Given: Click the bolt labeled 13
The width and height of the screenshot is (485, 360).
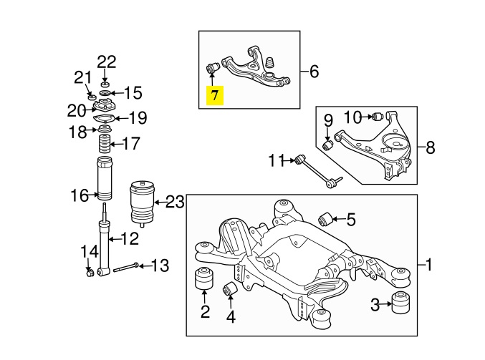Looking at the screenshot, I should [125, 267].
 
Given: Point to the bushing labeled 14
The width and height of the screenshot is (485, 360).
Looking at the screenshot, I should [90, 273].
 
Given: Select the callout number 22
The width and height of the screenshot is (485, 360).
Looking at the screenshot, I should [106, 62].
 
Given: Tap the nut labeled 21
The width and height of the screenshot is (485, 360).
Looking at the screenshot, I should [92, 96].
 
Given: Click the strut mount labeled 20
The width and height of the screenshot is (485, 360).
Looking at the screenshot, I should [105, 108].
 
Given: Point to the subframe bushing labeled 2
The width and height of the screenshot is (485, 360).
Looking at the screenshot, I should [204, 278].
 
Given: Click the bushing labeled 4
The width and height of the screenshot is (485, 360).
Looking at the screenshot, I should [231, 289].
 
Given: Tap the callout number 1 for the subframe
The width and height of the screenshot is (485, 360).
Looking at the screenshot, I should [430, 266].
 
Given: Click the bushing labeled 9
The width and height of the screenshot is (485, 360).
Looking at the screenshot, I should [329, 145].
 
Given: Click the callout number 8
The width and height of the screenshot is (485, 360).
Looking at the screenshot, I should [430, 148].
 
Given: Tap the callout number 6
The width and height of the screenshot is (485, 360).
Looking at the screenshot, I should [314, 72].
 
